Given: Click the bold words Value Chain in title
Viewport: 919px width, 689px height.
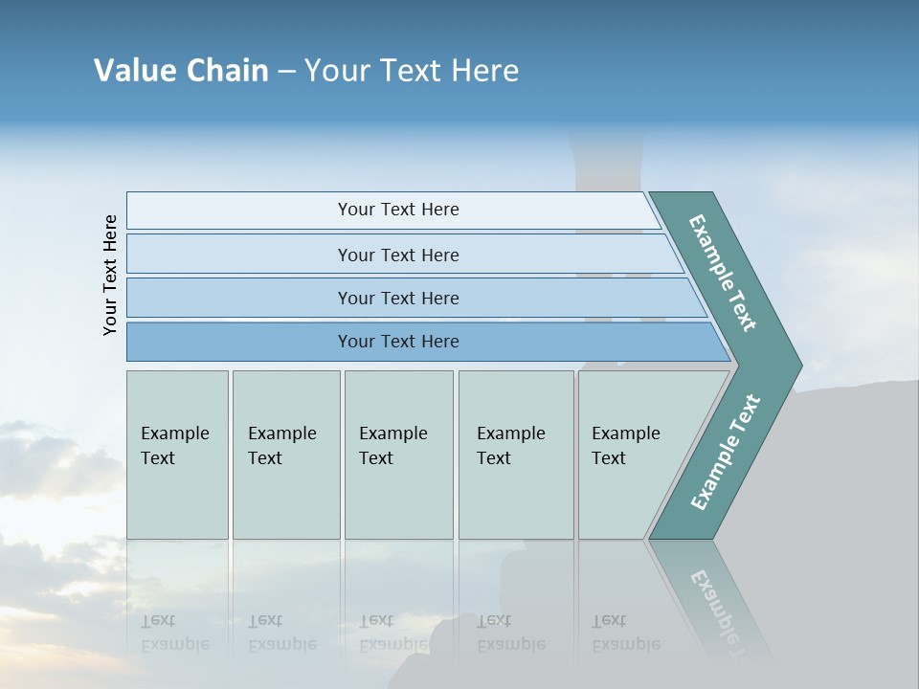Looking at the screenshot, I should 181,71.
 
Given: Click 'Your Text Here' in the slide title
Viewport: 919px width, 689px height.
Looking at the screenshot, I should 412,71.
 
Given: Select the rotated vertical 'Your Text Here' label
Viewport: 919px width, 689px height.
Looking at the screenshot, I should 110,275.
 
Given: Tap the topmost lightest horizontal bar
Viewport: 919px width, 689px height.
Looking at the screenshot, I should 397,210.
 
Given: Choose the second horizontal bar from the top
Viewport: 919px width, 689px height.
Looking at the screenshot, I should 397,255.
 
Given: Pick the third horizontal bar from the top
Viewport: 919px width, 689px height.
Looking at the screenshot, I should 397,298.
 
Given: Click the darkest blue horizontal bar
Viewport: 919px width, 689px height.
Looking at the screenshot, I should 397,342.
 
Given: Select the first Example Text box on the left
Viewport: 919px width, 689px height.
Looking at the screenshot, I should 177,455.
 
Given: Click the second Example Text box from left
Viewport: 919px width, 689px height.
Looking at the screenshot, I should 285,455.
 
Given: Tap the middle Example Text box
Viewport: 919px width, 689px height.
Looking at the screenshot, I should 398,455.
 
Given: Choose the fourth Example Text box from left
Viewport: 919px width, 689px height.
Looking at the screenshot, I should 515,455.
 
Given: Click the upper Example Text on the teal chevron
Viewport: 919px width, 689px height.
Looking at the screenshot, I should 723,273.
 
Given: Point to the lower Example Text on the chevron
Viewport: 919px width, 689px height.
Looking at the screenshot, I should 726,452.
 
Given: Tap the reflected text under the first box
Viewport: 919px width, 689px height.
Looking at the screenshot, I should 174,633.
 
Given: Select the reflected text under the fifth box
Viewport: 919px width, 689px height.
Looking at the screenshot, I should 626,633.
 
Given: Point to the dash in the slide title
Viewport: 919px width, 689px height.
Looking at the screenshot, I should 286,72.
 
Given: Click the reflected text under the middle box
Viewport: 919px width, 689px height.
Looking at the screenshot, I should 392,633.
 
